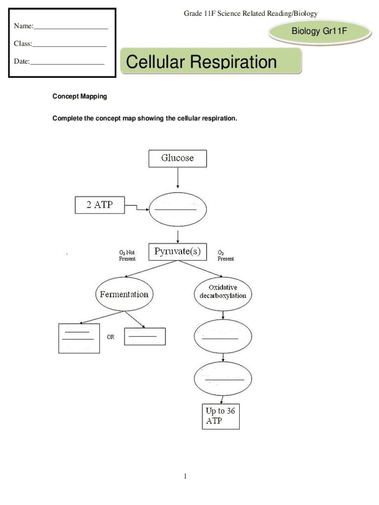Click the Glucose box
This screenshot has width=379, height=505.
(178, 158)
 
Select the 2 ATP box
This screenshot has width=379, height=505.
(100, 205)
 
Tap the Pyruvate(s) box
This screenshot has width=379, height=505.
(178, 252)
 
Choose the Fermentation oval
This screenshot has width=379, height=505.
(124, 294)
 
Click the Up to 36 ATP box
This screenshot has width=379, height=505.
(221, 417)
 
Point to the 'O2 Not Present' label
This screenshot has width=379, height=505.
(127, 255)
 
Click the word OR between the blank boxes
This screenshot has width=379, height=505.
(111, 337)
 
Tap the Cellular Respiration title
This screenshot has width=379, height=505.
(202, 63)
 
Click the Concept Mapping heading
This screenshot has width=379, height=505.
(80, 97)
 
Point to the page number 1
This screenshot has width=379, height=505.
(185, 476)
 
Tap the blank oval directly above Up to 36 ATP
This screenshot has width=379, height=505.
(223, 379)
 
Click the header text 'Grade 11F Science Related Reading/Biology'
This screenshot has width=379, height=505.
(251, 14)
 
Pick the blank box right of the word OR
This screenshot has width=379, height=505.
(145, 337)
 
